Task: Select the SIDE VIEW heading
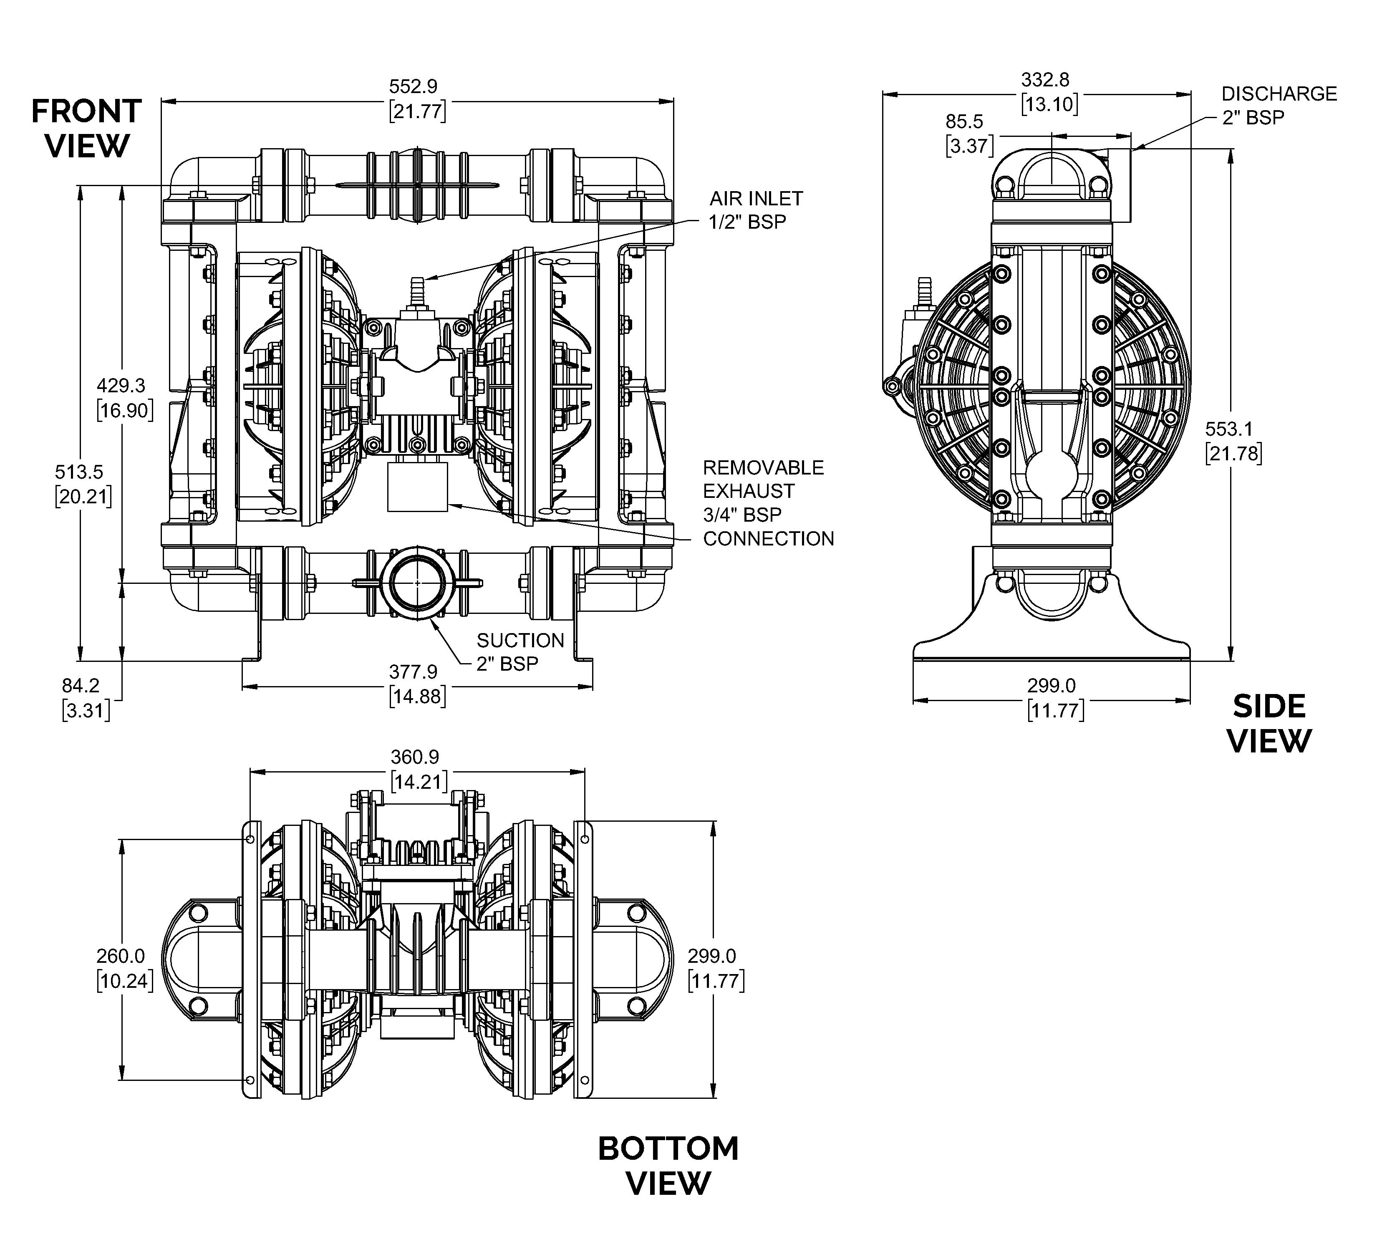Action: [x=1269, y=724]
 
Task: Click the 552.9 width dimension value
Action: [x=413, y=87]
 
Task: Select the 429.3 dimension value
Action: [x=121, y=386]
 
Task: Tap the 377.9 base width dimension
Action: [x=413, y=672]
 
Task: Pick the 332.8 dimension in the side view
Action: [x=1045, y=81]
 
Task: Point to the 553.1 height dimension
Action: [x=1229, y=429]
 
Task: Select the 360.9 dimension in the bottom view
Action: [x=415, y=757]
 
